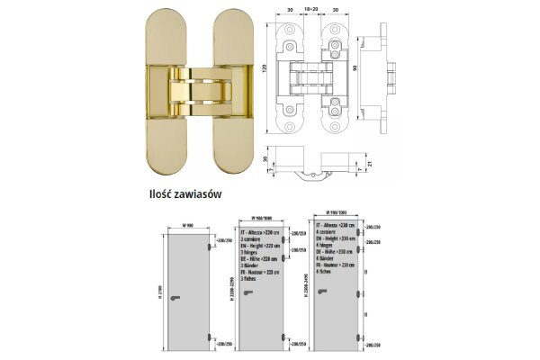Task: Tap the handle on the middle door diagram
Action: (x=257, y=298)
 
